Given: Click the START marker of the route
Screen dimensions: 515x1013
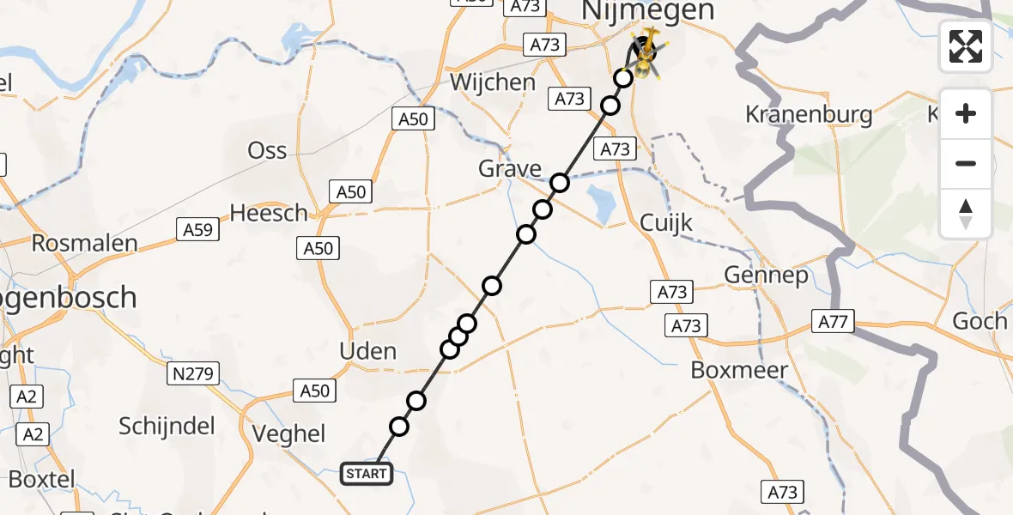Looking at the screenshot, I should point(367,473).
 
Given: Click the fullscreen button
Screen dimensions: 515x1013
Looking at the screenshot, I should point(966,46).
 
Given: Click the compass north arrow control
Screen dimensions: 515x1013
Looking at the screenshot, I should point(966,214).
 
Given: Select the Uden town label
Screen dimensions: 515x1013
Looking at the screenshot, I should point(368,351).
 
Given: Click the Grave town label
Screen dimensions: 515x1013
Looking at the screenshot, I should point(510,169).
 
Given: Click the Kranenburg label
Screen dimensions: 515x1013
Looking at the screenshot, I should point(809,114).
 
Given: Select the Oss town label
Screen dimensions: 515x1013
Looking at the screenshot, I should point(267,151).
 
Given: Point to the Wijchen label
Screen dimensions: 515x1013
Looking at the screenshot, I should point(493,83).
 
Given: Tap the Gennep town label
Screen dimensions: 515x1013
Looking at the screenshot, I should point(767,276).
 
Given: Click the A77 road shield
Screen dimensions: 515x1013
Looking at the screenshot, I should point(831,323).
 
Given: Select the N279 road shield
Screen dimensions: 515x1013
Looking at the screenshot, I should point(193,373).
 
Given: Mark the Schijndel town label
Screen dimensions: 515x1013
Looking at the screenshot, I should point(167,427).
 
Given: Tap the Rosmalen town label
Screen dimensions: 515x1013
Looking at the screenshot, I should point(84,243).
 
